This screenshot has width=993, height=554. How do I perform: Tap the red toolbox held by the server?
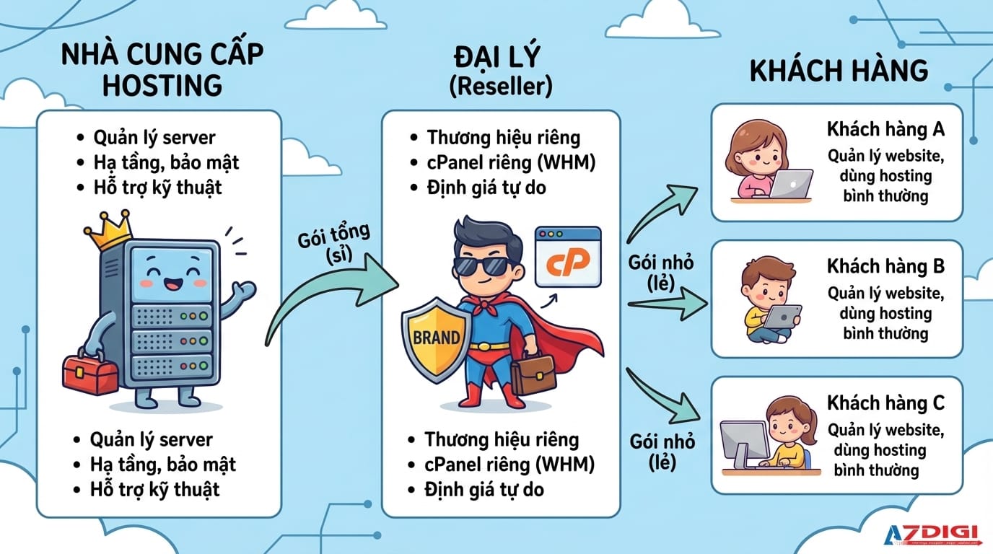point(90,373)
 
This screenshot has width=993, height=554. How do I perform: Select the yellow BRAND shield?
point(437,337)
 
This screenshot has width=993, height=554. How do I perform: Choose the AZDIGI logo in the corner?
point(932,534)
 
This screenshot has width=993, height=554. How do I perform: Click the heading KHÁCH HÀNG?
point(839,71)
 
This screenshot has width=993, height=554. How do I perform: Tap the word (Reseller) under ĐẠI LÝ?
point(500,87)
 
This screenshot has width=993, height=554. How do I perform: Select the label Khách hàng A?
point(885,131)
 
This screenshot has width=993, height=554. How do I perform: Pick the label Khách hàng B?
point(885,266)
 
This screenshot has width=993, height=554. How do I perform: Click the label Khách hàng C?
point(885,403)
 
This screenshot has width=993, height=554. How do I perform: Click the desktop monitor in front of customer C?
point(744,441)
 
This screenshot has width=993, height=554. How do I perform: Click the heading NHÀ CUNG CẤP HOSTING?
point(162,69)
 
